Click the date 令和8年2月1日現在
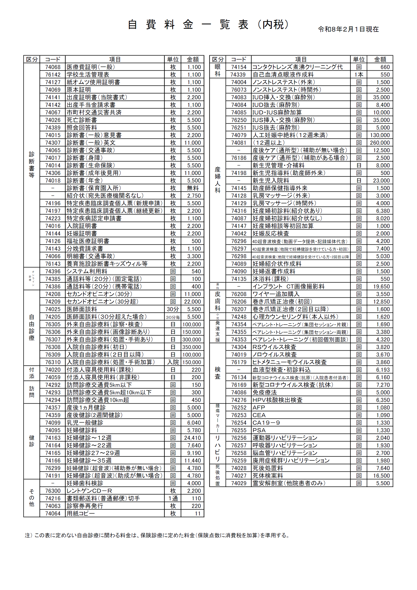coord(348,29)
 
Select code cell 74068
coord(53,67)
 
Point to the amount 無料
coord(192,188)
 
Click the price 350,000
coord(192,347)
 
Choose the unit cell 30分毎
coord(172,317)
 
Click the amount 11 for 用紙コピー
coord(197,513)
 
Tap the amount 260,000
coord(379,143)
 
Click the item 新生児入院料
coord(271,180)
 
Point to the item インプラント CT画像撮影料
coord(288,286)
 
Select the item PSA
coord(259,430)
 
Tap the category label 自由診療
coord(32,328)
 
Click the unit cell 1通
coord(173,498)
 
